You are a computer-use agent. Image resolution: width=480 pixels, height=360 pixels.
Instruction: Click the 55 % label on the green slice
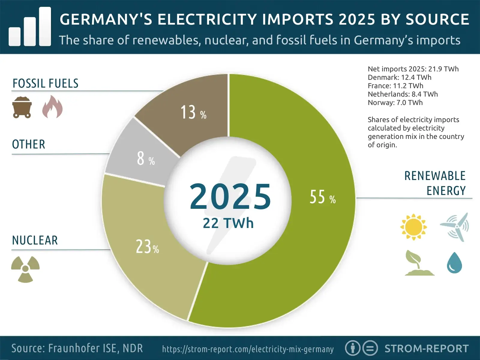322,197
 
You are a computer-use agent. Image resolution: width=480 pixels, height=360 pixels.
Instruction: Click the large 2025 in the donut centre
230,196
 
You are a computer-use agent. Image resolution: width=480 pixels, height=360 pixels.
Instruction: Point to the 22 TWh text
228,223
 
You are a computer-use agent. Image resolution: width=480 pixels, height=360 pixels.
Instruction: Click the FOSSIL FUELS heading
45,83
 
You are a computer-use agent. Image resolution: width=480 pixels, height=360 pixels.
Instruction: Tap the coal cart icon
22,107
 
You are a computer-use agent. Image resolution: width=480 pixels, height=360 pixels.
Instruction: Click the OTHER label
28,144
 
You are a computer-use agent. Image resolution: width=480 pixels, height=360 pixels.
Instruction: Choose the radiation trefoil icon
25,269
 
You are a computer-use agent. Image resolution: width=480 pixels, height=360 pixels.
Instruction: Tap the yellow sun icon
413,227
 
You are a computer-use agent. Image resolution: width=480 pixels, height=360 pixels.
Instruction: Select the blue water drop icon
454,263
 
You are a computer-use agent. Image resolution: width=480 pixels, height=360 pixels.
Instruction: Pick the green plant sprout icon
418,263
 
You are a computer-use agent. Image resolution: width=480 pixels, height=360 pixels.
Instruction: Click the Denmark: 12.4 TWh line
399,77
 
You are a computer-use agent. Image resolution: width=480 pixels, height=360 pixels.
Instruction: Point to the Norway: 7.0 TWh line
395,103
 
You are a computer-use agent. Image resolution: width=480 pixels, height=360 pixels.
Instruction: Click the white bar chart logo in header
30,27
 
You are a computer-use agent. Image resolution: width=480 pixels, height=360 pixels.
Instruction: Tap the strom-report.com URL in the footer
248,349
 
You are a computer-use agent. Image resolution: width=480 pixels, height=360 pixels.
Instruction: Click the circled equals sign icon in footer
370,348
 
